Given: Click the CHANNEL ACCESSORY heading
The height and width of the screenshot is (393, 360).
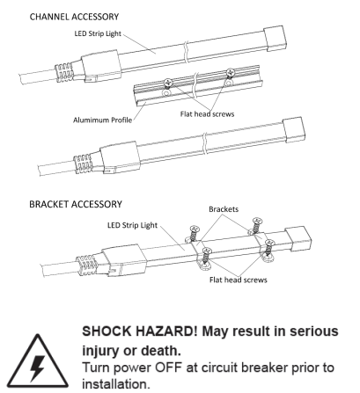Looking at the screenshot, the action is (74, 17).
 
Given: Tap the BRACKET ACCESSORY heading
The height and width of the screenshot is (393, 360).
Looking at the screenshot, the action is (76, 204).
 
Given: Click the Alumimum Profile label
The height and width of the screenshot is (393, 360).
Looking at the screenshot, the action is (102, 120).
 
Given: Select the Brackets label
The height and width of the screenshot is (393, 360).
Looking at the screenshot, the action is (224, 209).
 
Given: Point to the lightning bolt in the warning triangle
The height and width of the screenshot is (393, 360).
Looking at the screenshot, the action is (37, 368).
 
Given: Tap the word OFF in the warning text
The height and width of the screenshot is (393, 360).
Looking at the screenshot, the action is (168, 368).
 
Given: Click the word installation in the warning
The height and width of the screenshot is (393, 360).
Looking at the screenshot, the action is (114, 384).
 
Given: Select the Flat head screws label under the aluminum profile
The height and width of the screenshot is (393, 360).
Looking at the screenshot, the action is (208, 114).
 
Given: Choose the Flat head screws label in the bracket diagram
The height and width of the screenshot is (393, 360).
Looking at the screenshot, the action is (239, 280).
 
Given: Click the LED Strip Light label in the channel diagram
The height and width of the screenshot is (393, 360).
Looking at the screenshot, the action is (98, 33).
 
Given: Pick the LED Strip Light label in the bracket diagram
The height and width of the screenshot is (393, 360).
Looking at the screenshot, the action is (132, 225).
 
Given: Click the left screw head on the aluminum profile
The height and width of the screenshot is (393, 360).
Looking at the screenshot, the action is (167, 83).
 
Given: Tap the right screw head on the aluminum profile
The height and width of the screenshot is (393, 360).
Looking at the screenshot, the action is (231, 72).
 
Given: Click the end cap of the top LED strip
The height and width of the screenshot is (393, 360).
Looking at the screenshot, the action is (275, 38).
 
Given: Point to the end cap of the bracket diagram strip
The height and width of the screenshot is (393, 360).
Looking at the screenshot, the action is (298, 238).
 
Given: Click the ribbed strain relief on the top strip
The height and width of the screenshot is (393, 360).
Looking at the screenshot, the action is (64, 73).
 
